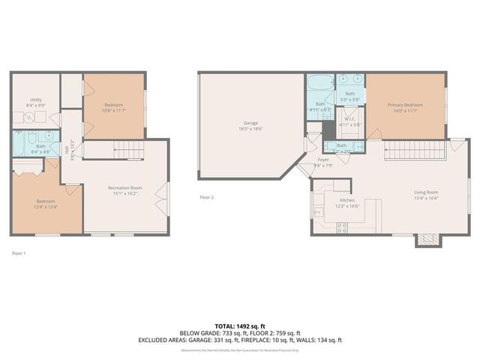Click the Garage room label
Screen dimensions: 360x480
[250, 122]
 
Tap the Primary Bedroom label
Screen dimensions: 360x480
[405, 105]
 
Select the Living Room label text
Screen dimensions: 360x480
[426, 191]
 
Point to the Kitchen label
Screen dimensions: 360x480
[347, 200]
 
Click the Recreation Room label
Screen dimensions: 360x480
[125, 187]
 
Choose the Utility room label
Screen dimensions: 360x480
[36, 99]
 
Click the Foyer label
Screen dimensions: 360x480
[323, 160]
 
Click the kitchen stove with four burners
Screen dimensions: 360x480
[342, 228]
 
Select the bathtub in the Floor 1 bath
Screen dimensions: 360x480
[19, 142]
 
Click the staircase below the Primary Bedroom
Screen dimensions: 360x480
[412, 151]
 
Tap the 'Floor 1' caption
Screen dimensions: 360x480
[19, 253]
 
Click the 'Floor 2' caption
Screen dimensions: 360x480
[206, 197]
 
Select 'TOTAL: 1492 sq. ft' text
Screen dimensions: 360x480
[239, 326]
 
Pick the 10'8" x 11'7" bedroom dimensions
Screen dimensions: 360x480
[113, 110]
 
